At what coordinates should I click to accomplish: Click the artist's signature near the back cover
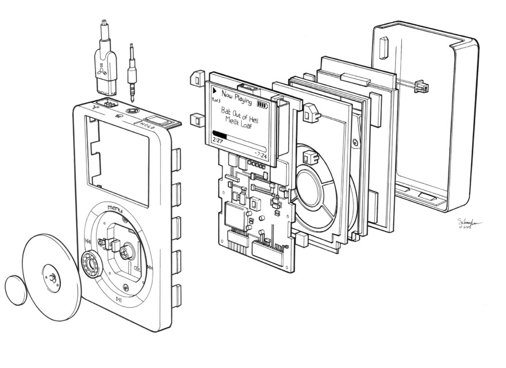pyautogui.click(x=469, y=223)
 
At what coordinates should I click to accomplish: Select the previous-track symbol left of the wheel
pyautogui.click(x=87, y=241)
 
